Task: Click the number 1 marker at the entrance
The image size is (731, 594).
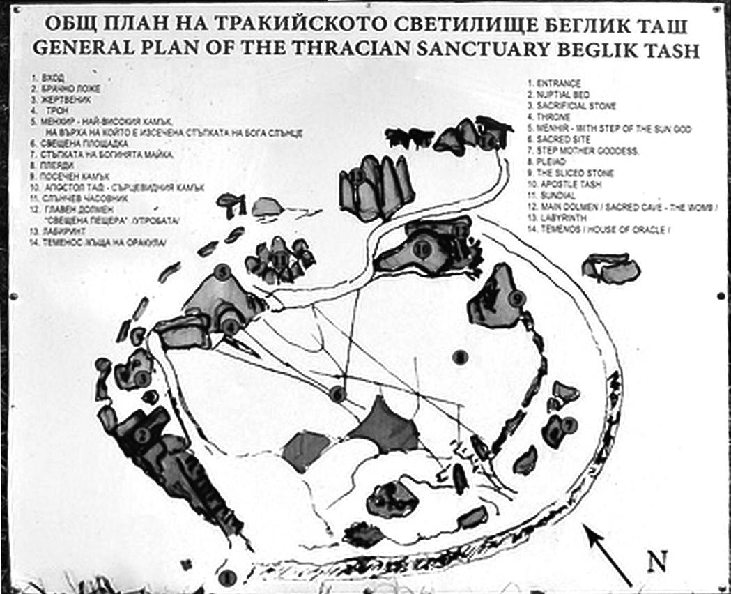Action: click(x=226, y=577)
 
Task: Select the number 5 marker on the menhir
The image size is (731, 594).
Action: click(x=222, y=273)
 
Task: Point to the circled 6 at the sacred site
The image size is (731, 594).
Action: click(x=338, y=394)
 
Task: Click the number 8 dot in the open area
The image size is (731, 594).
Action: click(x=458, y=357)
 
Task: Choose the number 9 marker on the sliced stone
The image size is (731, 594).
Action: click(x=516, y=298)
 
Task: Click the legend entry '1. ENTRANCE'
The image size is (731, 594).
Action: click(x=554, y=83)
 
